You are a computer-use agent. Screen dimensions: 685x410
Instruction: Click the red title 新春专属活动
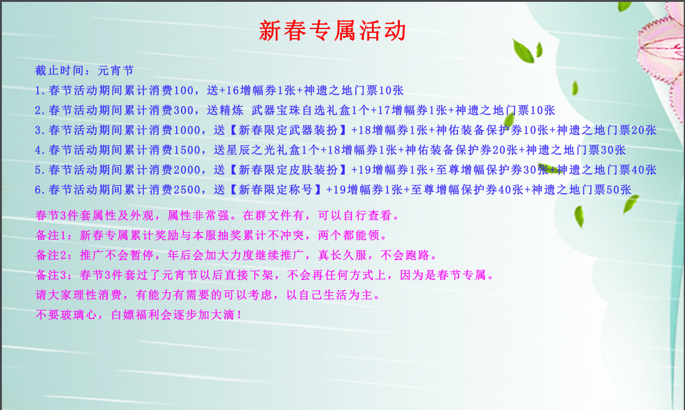(332, 30)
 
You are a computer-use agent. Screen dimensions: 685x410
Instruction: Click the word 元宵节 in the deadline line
(116, 71)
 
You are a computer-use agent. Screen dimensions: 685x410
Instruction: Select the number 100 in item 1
(183, 90)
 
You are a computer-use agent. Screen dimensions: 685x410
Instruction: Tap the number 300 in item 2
(183, 110)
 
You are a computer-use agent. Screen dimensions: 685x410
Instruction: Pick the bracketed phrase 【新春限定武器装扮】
(288, 130)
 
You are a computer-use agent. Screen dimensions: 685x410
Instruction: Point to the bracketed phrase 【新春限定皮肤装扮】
(288, 170)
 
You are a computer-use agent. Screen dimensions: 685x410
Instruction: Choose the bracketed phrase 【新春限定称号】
(275, 190)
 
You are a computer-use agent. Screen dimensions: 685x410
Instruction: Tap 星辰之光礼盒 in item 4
(263, 150)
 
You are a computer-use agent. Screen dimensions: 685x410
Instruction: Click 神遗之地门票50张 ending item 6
(581, 190)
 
